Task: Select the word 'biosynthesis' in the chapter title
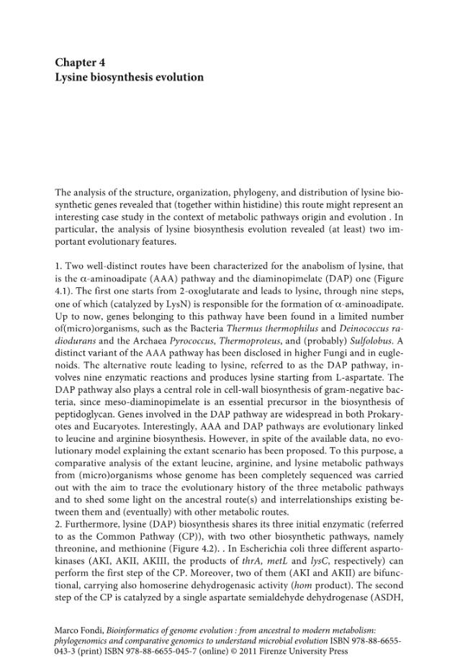(x=115, y=77)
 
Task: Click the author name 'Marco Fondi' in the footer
(x=78, y=630)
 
